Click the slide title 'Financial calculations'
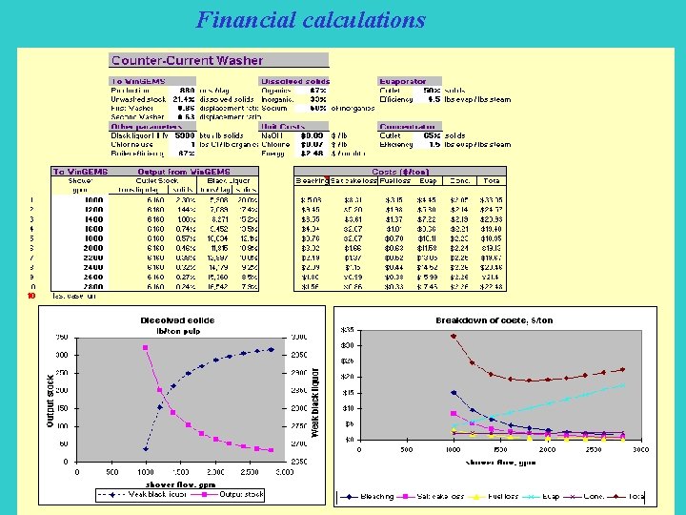(x=311, y=19)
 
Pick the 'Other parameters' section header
(x=148, y=126)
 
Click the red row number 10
(x=30, y=296)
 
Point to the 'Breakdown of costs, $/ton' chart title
(x=494, y=319)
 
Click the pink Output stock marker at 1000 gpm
(x=145, y=347)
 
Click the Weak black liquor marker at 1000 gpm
(x=145, y=448)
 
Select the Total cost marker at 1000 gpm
(x=454, y=336)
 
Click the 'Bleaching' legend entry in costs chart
(x=373, y=496)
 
